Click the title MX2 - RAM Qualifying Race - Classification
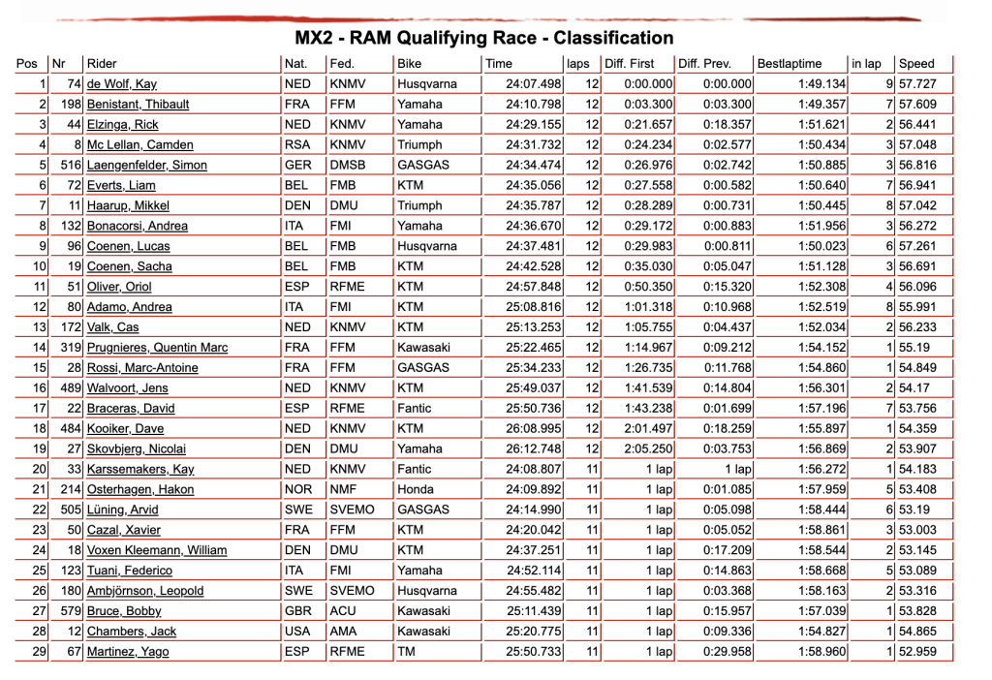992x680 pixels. coord(483,39)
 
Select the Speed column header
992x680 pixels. coord(916,64)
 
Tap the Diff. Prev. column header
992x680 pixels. coord(704,64)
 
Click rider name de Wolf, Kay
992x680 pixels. coord(122,84)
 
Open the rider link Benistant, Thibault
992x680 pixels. coord(138,105)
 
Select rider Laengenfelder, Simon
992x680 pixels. coord(146,165)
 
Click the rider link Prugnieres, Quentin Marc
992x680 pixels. coord(159,348)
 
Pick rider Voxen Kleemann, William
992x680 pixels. coord(156,550)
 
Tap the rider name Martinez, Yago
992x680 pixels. coord(127,652)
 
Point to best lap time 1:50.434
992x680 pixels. coord(822,145)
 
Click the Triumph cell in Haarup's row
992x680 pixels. coord(419,205)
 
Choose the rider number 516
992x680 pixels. coord(71,165)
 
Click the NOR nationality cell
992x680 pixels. coord(298,489)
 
